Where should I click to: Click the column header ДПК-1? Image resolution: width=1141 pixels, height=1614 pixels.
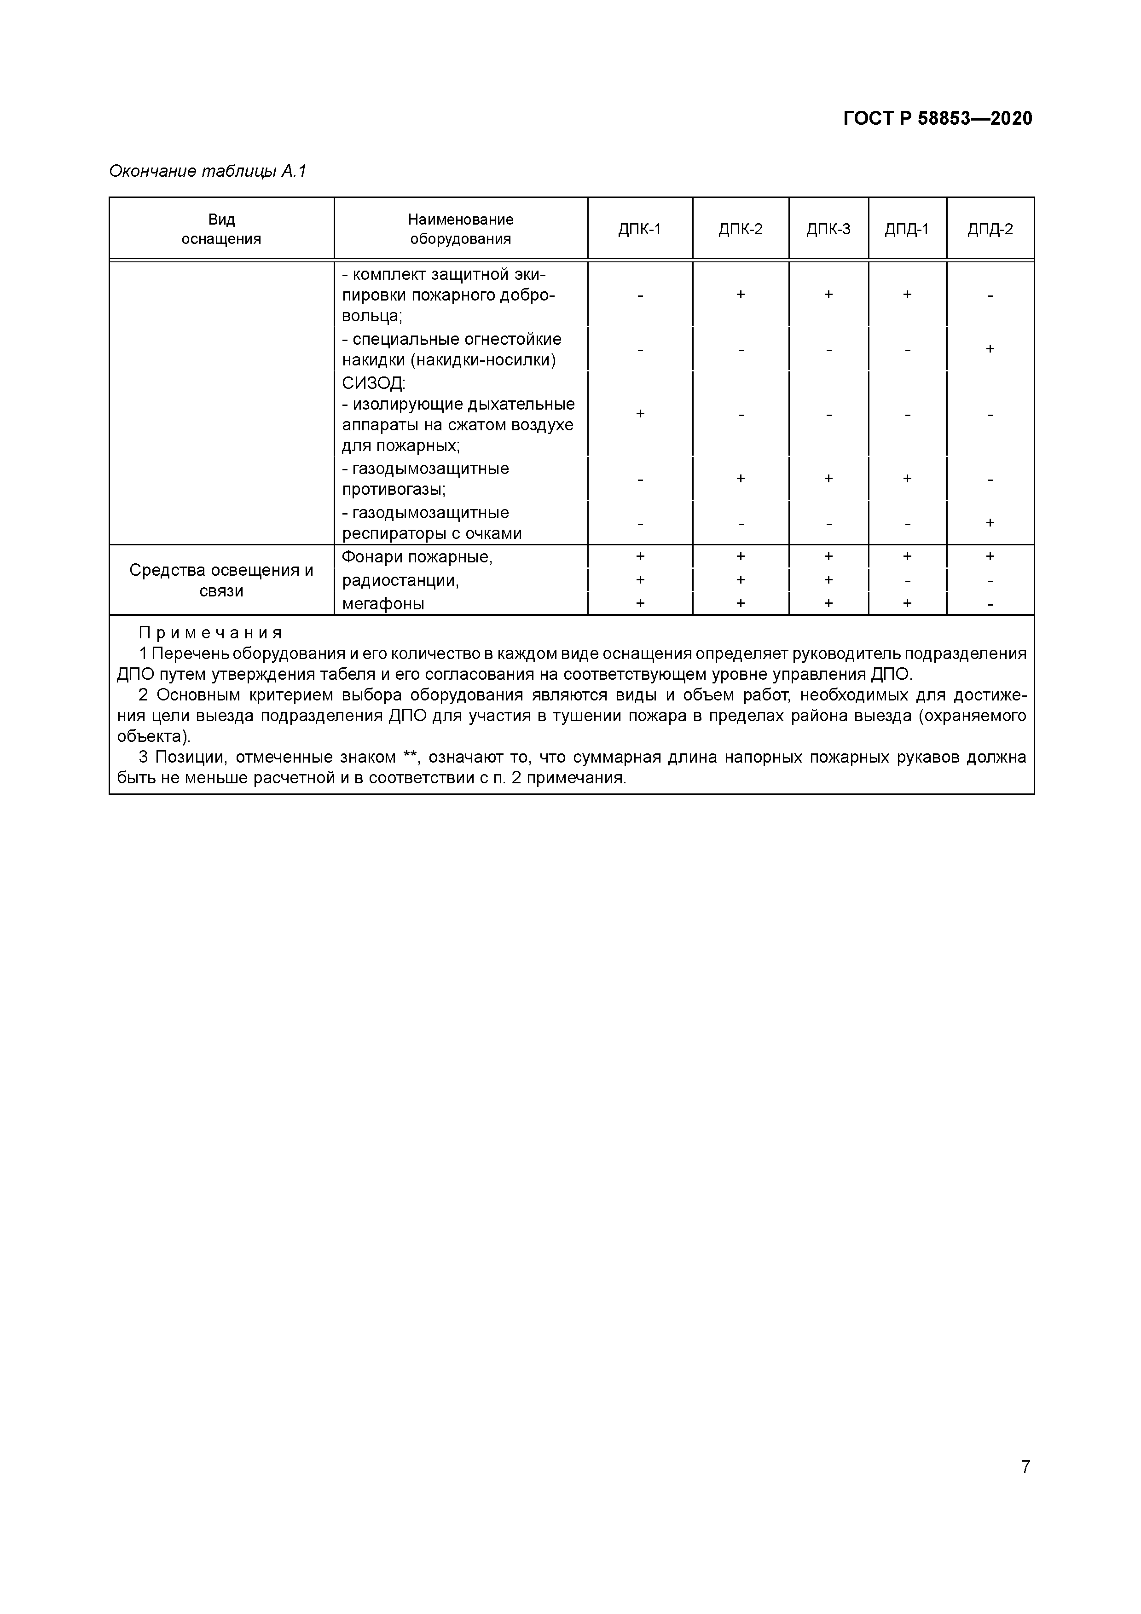click(640, 229)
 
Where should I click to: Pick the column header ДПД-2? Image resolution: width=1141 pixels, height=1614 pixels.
click(990, 229)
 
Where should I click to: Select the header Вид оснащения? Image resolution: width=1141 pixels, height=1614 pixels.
click(221, 229)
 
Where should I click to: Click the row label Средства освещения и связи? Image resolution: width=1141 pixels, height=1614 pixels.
click(221, 580)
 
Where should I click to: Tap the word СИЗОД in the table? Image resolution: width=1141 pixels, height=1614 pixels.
click(373, 383)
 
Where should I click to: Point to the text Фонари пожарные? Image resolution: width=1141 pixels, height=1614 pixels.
click(417, 557)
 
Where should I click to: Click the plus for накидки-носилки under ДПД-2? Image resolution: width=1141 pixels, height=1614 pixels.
click(990, 349)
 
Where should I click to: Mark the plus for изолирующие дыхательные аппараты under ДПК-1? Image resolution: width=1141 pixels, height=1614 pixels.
click(640, 414)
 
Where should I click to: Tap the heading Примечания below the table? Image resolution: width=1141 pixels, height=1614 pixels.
click(211, 633)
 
